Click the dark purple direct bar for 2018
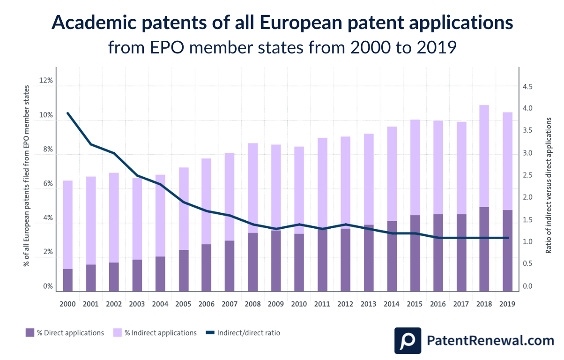point(484,248)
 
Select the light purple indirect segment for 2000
point(67,225)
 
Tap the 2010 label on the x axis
point(299,304)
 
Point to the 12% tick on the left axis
point(46,81)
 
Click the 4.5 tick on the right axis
point(527,87)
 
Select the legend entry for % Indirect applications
point(155,333)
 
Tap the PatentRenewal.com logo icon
point(407,340)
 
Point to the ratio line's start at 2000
point(68,113)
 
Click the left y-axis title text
point(27,176)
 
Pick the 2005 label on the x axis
point(183,304)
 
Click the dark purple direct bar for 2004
point(160,273)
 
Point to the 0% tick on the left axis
point(46,286)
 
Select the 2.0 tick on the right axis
point(527,197)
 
